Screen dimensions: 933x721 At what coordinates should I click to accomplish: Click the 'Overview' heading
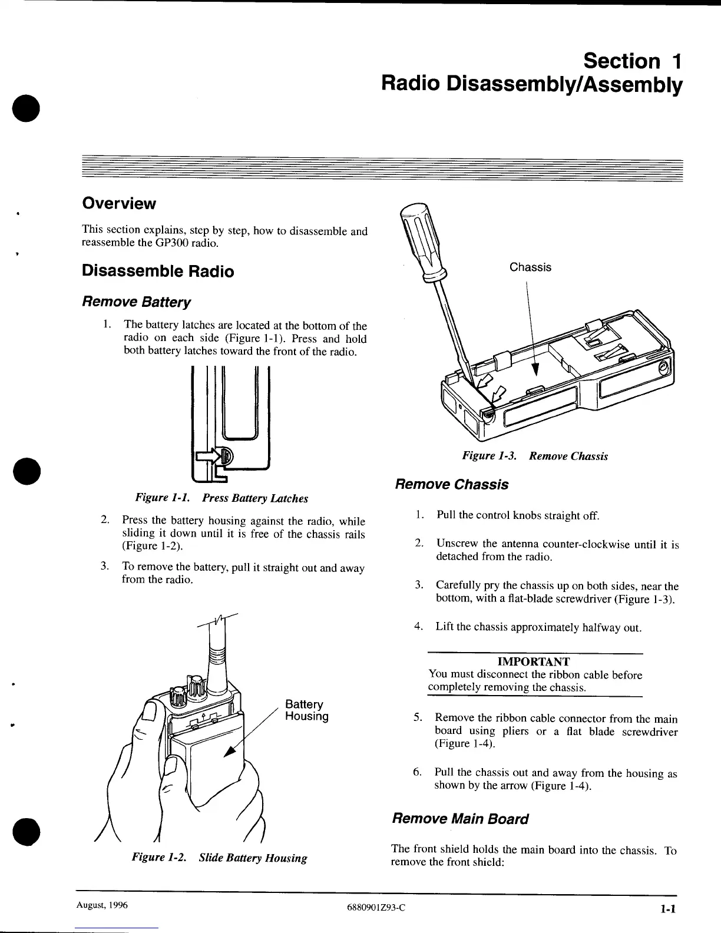[119, 204]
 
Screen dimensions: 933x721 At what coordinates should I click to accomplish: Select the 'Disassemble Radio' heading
[158, 272]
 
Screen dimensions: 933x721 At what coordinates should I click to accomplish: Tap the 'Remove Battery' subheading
[136, 303]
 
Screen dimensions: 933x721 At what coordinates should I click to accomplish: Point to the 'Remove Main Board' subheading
[460, 819]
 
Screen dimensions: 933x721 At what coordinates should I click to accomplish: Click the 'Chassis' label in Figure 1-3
[530, 267]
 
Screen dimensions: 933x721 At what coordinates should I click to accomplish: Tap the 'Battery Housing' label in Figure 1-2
[306, 710]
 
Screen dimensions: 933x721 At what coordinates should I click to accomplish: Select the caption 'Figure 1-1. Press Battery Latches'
[221, 498]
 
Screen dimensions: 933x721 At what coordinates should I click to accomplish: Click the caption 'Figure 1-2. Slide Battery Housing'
[219, 858]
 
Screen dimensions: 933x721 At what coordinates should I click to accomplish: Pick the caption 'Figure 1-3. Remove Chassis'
[535, 456]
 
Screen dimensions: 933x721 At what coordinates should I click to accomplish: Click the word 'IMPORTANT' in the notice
[534, 661]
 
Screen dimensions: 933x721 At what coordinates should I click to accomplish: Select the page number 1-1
[666, 908]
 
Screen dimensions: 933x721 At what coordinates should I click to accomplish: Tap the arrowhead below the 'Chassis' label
[535, 369]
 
